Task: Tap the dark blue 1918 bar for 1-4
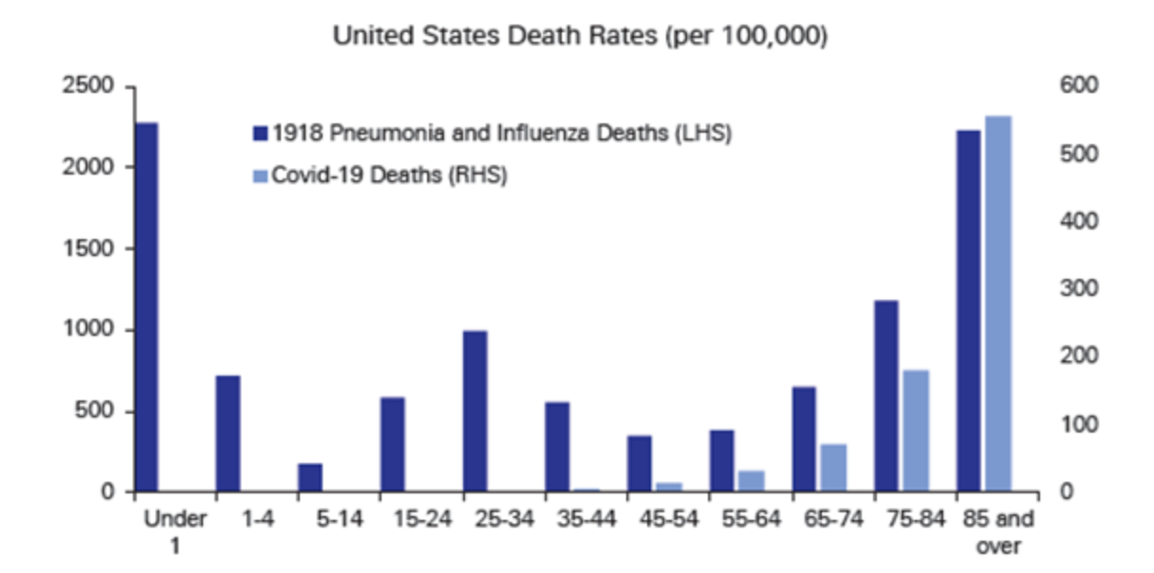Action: tap(228, 434)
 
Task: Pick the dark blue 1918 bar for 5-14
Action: tap(310, 477)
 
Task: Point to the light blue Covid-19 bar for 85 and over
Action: tap(998, 304)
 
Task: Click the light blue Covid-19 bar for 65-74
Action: tap(834, 468)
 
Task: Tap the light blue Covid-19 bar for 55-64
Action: tap(752, 481)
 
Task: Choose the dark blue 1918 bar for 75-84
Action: tap(886, 396)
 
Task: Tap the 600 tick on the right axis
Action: tap(1080, 86)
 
